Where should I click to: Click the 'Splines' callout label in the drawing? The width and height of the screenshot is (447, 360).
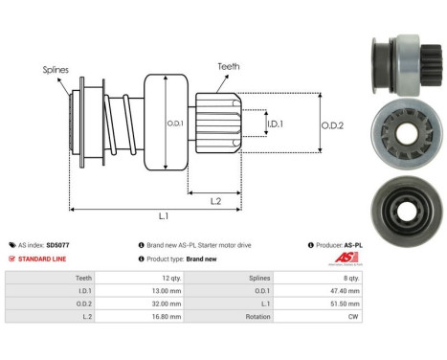(56, 70)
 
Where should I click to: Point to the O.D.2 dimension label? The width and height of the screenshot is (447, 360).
(331, 124)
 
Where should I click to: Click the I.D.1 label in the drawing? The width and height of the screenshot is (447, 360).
(274, 124)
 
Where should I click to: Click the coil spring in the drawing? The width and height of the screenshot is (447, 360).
(122, 124)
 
